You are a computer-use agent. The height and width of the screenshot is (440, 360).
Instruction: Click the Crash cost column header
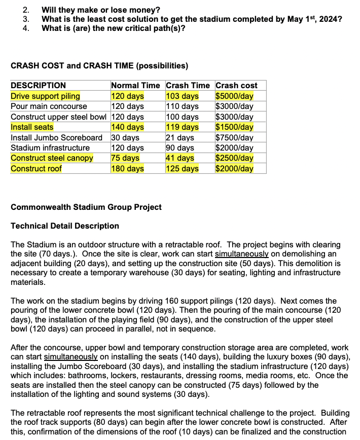236,86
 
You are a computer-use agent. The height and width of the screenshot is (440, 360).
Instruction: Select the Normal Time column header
135,86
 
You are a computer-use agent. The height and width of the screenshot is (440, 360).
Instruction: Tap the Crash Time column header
188,86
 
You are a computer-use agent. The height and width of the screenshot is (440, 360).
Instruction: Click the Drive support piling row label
45,96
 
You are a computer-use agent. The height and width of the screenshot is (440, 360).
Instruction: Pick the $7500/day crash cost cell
234,137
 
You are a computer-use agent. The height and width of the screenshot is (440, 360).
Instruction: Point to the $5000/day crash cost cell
234,96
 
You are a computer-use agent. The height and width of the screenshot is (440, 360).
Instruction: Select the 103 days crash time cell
182,96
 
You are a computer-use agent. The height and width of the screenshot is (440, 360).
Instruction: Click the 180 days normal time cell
127,168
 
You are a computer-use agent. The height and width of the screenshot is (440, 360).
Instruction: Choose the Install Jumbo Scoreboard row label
56,137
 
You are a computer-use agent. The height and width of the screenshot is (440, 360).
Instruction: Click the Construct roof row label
36,168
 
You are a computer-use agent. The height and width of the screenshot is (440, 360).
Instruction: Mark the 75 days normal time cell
125,158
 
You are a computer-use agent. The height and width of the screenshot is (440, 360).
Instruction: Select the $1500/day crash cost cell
234,127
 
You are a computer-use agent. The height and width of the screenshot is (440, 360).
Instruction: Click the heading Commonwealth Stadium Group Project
86,207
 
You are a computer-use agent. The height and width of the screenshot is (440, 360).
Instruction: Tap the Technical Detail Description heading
65,226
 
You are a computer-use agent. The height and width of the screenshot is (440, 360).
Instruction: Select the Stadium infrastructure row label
50,148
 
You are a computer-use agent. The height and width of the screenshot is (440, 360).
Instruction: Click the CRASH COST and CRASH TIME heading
99,66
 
